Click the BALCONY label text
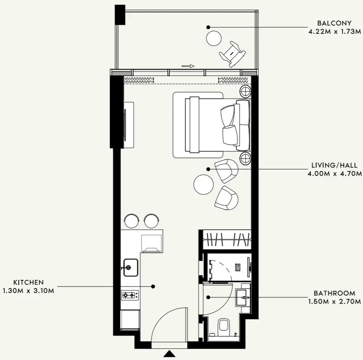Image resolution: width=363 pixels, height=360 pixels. [334, 23]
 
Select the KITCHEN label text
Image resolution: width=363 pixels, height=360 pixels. [28, 282]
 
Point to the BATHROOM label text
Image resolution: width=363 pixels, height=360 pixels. [335, 293]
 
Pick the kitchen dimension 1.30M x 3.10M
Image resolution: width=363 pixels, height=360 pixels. [28, 290]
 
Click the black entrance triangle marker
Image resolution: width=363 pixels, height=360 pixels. [169, 353]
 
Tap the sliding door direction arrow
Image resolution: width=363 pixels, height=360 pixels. [188, 66]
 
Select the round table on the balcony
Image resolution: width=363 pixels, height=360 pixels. [214, 38]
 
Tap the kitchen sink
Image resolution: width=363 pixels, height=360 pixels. [130, 267]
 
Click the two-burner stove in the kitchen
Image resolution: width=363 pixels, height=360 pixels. [130, 295]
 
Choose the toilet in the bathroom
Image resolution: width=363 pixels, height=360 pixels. [224, 325]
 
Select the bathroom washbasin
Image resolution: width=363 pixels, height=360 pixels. [243, 297]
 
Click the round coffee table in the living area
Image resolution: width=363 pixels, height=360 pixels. [203, 184]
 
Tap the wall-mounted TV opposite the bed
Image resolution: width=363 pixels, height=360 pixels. [125, 125]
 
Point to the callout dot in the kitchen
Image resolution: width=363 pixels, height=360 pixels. [153, 286]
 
